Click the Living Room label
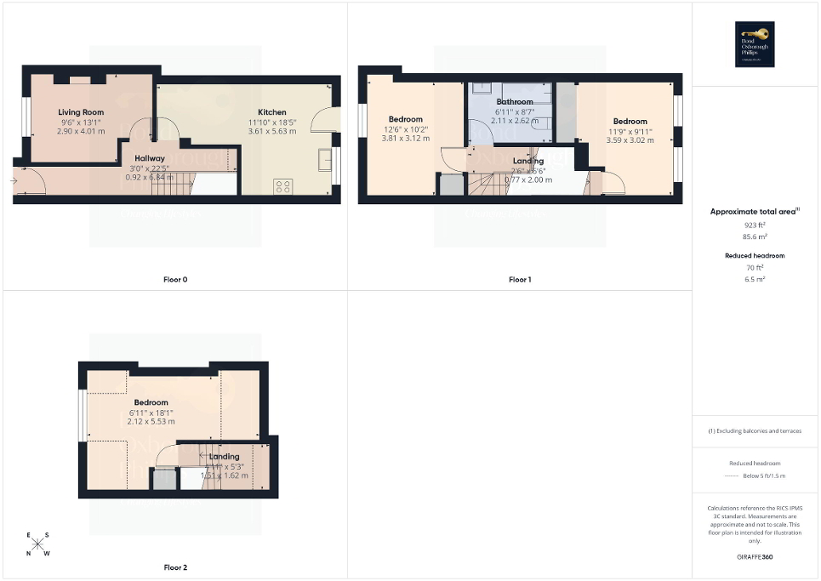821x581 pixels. point(81,112)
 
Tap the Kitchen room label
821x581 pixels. point(272,112)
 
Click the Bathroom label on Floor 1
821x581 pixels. point(514,102)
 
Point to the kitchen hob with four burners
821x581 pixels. point(283,185)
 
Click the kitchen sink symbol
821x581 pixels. point(324,160)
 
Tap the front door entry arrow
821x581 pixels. point(14,180)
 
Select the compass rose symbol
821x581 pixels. point(38,544)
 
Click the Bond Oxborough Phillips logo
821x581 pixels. point(756,43)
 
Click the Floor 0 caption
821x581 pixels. point(174,279)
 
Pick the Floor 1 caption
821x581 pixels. point(520,279)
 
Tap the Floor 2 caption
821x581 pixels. point(174,567)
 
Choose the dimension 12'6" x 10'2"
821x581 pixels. point(405,129)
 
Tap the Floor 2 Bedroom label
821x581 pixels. point(150,402)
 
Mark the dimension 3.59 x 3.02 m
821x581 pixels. point(630,140)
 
